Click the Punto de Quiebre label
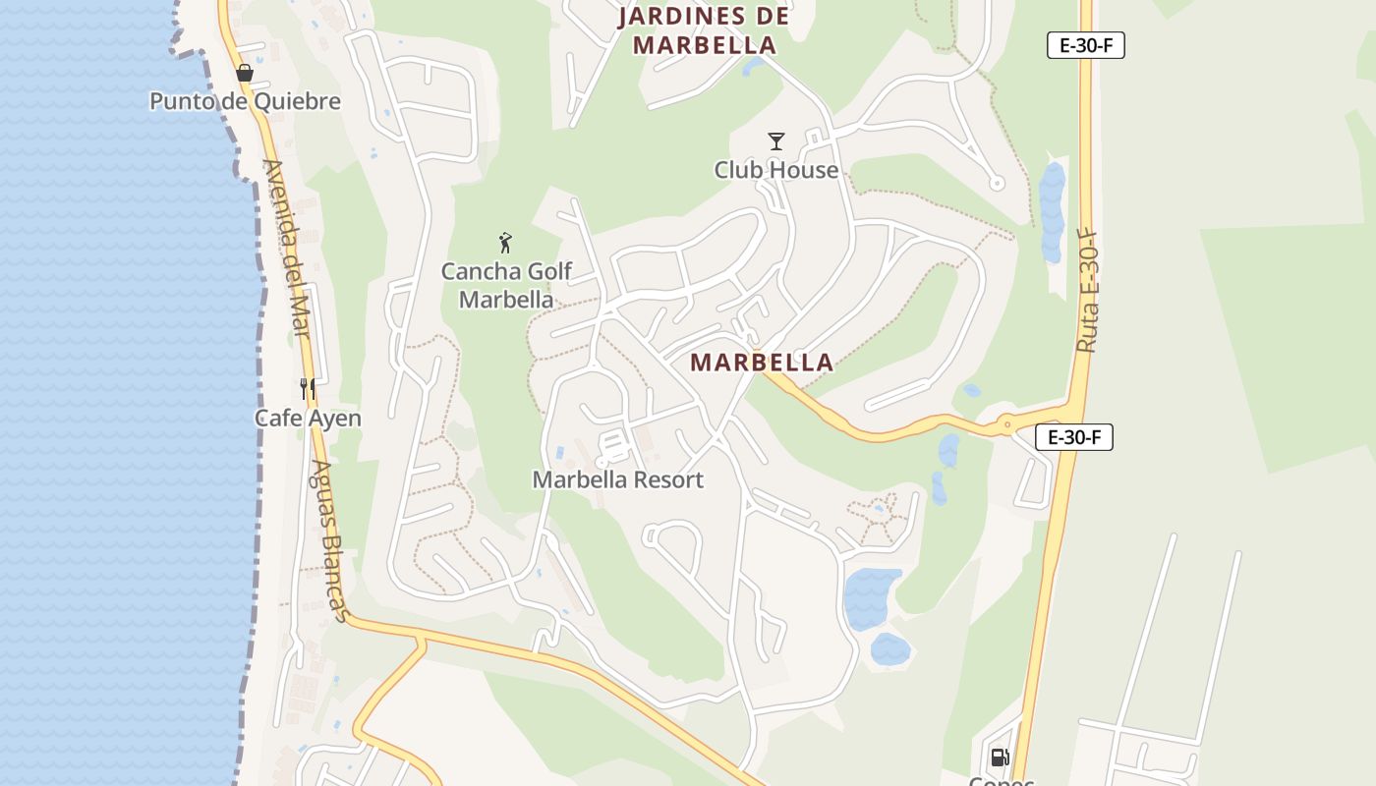[x=245, y=101]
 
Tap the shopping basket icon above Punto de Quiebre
[x=245, y=73]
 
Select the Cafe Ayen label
[x=308, y=418]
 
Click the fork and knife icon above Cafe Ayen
[x=308, y=389]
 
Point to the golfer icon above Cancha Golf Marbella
[x=505, y=243]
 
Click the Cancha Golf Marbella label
[x=506, y=285]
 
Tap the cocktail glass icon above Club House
[x=776, y=141]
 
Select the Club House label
[x=776, y=170]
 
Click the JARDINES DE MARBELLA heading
[x=705, y=30]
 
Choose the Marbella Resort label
[x=618, y=479]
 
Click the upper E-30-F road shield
[x=1085, y=45]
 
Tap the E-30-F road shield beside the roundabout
[x=1074, y=437]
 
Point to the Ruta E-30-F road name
[x=1086, y=292]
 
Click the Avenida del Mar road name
[x=286, y=248]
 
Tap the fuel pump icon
[x=1000, y=757]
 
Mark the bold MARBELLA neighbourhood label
[x=762, y=363]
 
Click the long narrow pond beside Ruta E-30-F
[x=1052, y=211]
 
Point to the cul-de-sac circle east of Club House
[x=997, y=183]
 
